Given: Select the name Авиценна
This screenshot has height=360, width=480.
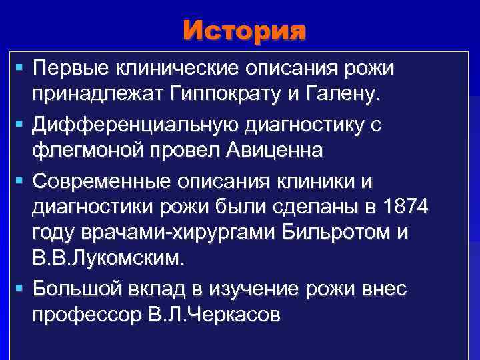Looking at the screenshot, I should click(273, 151).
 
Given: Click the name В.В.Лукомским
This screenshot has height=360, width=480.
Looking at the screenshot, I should click(107, 259).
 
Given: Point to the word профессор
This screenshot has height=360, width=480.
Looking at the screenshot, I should click(85, 316).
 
